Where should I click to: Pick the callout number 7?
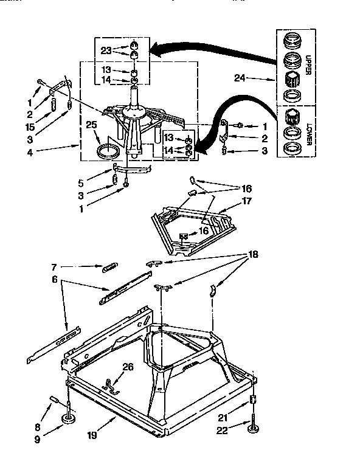coord(55,266)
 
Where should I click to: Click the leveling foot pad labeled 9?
coord(69,421)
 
